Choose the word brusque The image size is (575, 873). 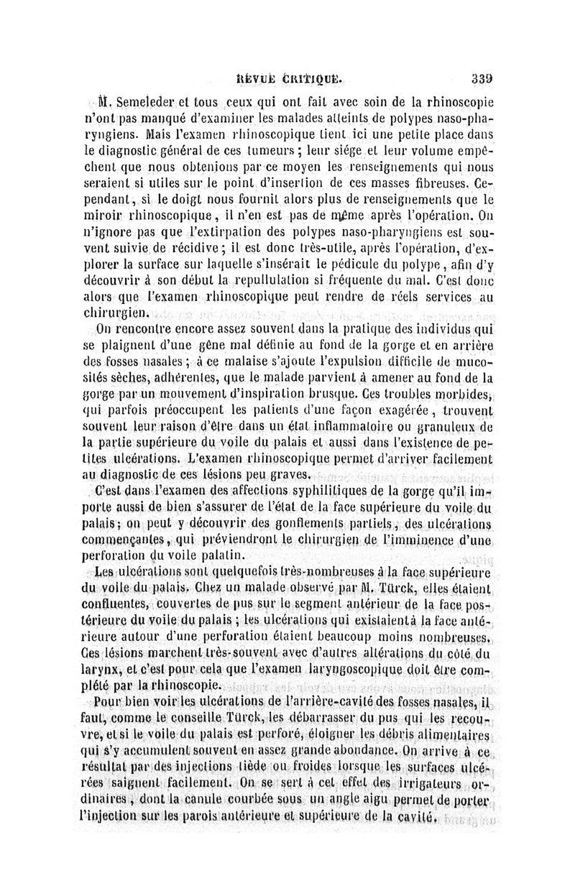click(x=359, y=393)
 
